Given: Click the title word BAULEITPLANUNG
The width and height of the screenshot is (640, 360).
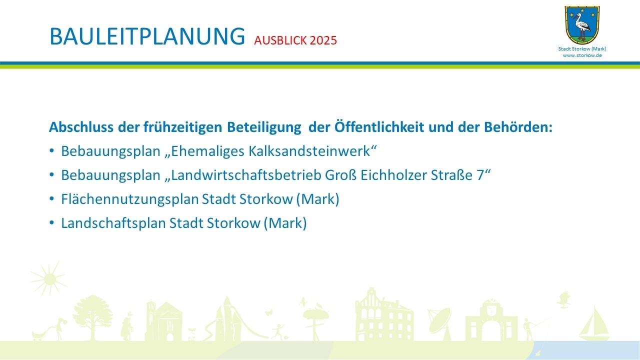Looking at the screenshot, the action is (147, 36).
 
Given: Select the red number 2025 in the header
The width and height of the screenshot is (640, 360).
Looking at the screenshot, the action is (323, 40).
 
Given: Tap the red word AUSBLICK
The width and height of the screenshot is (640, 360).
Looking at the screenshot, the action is (280, 40).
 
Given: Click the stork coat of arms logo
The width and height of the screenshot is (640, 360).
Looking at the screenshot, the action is (582, 25).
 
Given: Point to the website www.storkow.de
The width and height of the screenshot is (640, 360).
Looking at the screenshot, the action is (582, 55).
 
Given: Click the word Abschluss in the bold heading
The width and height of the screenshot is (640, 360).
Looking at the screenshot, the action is (81, 127).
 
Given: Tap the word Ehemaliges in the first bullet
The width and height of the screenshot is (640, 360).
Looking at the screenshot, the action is (207, 151).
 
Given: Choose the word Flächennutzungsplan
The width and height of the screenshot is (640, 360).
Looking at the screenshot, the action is (130, 199).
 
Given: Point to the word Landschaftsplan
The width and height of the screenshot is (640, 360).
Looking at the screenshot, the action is (113, 223).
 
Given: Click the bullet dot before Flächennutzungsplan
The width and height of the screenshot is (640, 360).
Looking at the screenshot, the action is (51, 198).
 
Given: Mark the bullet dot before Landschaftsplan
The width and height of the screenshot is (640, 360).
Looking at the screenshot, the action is (51, 222).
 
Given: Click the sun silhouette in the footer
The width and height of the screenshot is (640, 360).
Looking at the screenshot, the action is (49, 279).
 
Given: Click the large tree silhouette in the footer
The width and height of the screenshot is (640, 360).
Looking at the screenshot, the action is (92, 317).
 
